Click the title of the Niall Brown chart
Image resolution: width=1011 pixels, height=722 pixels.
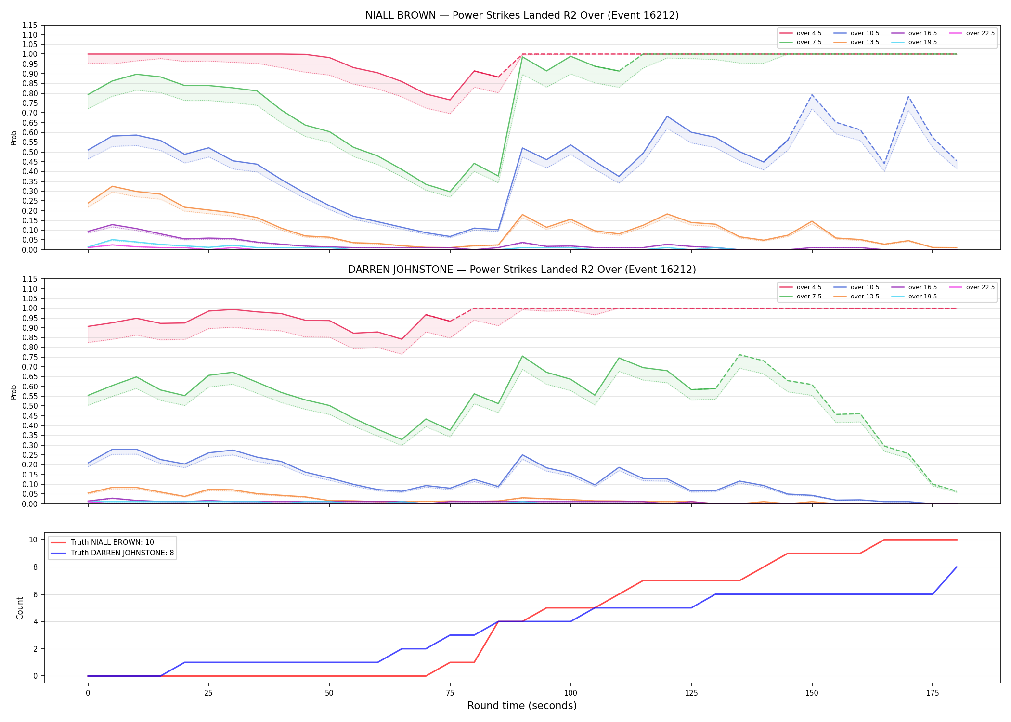click(x=522, y=15)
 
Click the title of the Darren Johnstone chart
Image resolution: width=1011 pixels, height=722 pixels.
click(x=522, y=270)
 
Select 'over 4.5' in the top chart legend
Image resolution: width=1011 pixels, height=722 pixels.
click(x=809, y=33)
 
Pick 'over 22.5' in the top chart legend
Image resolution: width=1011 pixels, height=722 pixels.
click(x=980, y=33)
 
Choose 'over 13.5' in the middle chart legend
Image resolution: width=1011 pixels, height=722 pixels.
click(x=865, y=297)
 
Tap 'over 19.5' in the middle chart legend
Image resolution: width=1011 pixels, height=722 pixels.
click(x=922, y=297)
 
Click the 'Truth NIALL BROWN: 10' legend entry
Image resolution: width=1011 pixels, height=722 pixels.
click(x=112, y=542)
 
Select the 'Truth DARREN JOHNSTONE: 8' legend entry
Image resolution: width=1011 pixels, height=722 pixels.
click(x=122, y=553)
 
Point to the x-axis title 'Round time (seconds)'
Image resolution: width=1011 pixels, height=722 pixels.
click(x=522, y=706)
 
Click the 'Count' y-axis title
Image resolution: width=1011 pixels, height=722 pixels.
click(x=20, y=608)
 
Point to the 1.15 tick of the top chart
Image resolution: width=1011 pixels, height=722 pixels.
click(x=30, y=25)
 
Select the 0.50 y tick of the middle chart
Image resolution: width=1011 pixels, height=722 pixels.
click(x=30, y=406)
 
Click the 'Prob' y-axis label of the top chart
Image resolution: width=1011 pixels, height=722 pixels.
click(x=14, y=138)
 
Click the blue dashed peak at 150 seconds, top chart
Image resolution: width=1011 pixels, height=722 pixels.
click(x=812, y=95)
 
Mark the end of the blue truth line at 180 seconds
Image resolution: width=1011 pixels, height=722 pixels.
click(x=957, y=567)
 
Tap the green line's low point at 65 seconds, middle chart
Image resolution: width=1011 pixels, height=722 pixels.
click(x=402, y=439)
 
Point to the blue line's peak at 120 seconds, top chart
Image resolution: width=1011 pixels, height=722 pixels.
click(x=667, y=116)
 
